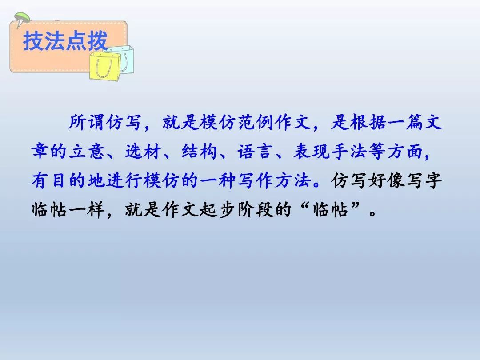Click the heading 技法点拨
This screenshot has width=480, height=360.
click(x=65, y=41)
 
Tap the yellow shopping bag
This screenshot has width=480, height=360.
click(x=105, y=66)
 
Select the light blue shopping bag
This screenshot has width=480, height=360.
click(x=125, y=58)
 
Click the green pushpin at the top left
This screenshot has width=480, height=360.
click(x=21, y=19)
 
